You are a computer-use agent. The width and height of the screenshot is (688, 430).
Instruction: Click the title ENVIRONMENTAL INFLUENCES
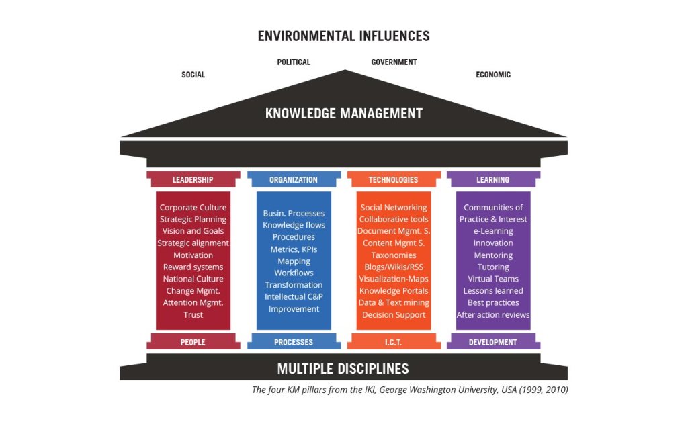click(343, 36)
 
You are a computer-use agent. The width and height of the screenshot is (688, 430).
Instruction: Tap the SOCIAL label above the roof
click(193, 75)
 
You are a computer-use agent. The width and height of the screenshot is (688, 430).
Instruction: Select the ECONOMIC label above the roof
click(493, 75)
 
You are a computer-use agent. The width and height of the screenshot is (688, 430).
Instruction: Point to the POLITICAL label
click(294, 62)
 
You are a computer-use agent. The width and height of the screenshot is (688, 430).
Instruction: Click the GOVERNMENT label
click(394, 62)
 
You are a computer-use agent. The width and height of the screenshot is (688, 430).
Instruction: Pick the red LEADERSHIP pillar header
click(193, 179)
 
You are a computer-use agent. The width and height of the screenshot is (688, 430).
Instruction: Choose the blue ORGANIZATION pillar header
click(294, 179)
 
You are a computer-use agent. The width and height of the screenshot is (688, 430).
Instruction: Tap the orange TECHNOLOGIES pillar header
click(394, 179)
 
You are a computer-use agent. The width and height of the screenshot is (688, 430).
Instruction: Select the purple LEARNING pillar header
click(493, 179)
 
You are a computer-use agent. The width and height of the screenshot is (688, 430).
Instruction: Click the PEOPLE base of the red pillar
click(193, 342)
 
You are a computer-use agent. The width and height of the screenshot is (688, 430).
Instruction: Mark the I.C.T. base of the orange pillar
click(394, 342)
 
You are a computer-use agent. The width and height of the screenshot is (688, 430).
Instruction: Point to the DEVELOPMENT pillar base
click(493, 342)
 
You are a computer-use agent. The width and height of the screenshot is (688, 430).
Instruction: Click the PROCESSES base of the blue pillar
click(294, 342)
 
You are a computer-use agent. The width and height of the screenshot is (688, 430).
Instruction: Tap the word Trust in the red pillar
click(193, 315)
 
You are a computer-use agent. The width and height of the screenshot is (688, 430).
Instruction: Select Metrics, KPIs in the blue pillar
click(294, 249)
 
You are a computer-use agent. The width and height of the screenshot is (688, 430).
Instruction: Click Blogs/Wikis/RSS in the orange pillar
click(394, 267)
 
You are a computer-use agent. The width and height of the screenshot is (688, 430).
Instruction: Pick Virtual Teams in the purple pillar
click(493, 279)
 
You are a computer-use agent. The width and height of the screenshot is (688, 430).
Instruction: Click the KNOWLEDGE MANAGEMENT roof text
click(343, 113)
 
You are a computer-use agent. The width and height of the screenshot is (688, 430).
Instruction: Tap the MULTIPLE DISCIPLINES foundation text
click(343, 368)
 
